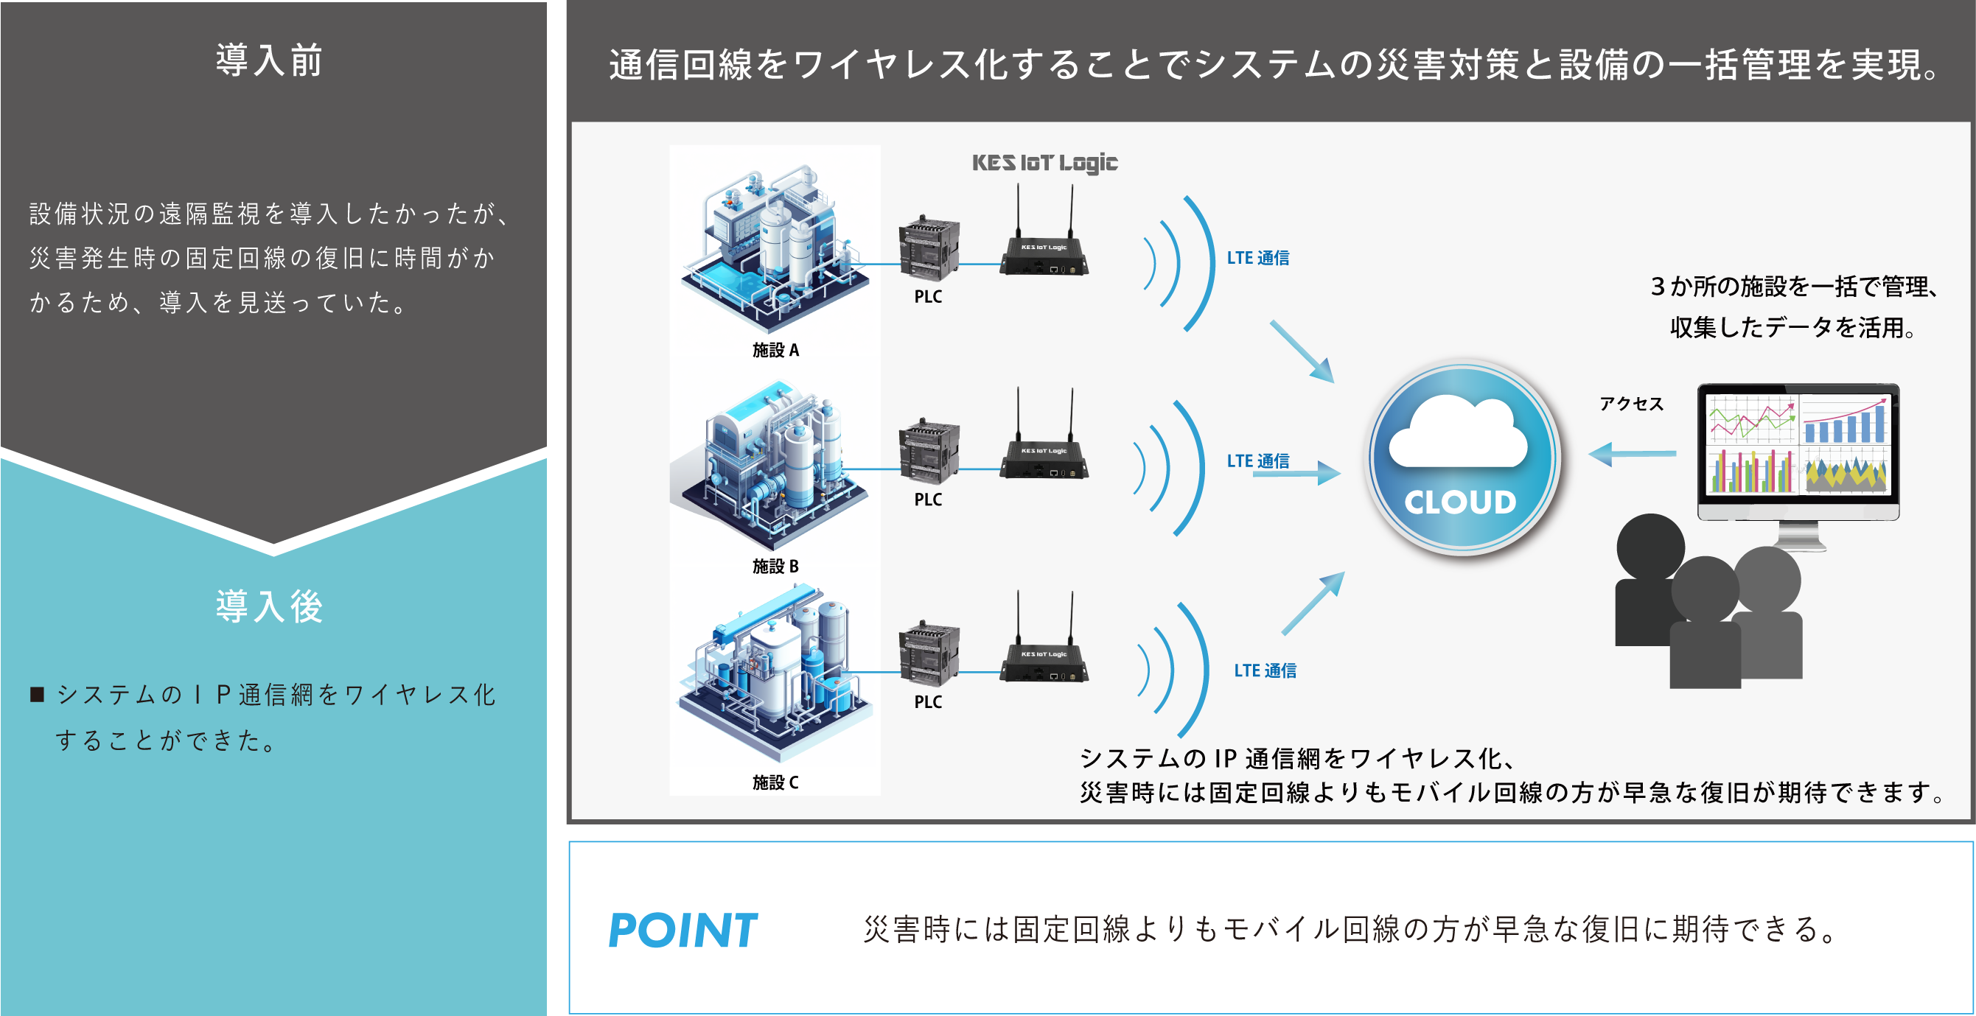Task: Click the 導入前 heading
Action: [x=268, y=60]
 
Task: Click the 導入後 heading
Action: [x=268, y=606]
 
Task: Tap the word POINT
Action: [x=682, y=930]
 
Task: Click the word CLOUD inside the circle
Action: [x=1460, y=502]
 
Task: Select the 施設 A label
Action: [x=775, y=351]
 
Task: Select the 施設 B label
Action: [x=775, y=566]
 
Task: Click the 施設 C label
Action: [x=775, y=782]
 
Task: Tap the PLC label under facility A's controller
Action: [x=927, y=297]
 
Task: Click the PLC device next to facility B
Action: [x=929, y=452]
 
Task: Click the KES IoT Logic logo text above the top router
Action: [x=1045, y=163]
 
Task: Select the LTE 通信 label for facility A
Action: [x=1257, y=258]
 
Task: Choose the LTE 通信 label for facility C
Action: [x=1265, y=670]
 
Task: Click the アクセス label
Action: [x=1631, y=404]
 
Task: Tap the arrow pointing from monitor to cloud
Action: [x=1632, y=454]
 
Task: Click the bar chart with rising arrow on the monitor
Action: [x=1844, y=419]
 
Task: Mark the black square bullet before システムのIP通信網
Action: [x=37, y=695]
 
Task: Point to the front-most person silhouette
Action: [x=1706, y=625]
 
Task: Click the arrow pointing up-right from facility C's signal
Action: [x=1313, y=603]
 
